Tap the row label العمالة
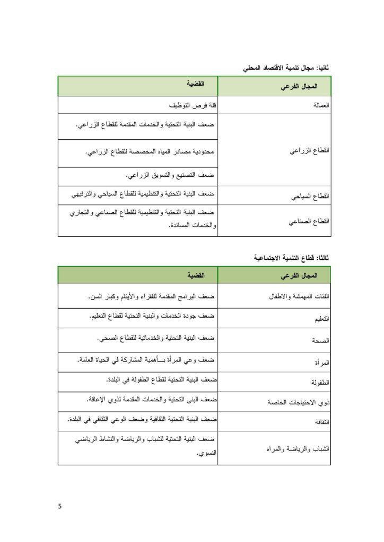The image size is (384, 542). click(318, 105)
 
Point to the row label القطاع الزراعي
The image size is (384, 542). click(309, 150)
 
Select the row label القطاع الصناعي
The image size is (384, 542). click(309, 222)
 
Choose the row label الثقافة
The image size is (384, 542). click(319, 422)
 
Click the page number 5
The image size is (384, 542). click(60, 506)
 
